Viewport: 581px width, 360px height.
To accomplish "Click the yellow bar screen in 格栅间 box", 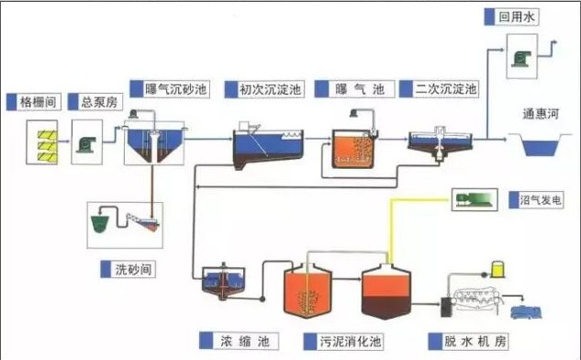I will click(41, 143).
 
